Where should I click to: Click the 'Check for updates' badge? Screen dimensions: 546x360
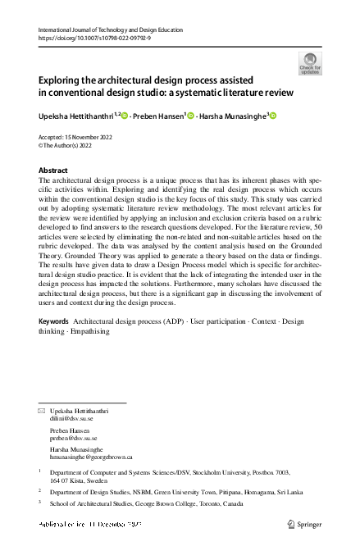(311, 62)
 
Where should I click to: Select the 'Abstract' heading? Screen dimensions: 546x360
(54, 170)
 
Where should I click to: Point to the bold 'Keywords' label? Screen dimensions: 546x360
(54, 321)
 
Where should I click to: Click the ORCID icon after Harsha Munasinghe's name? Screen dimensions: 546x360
(273, 116)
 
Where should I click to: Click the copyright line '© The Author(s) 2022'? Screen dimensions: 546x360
(68, 145)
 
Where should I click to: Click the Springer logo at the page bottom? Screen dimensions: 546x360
(303, 523)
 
